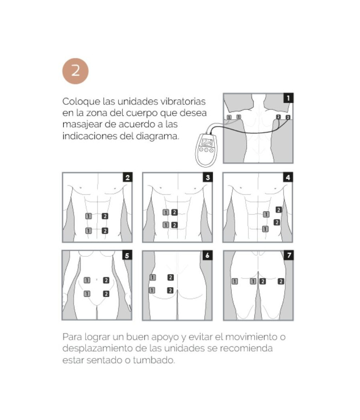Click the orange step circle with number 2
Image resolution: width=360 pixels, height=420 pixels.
point(75,71)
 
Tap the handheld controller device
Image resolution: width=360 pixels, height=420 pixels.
point(206,150)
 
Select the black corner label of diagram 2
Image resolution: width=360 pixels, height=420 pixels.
point(127,178)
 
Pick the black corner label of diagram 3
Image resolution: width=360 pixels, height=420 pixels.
point(207,178)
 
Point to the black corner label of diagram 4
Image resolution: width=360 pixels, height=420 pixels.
point(288,178)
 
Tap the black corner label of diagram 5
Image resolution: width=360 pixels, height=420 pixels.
point(127,255)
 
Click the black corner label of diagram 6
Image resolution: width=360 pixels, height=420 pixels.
point(207,255)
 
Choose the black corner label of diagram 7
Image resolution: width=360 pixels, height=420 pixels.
point(288,255)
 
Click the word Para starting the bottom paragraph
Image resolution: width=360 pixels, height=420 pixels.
point(72,336)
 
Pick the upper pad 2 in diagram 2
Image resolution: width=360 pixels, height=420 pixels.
point(105,216)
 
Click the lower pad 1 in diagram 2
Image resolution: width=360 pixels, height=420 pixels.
point(88,230)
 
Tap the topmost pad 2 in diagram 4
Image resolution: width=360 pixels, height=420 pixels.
point(278,210)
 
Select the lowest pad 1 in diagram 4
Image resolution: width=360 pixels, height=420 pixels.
point(265,229)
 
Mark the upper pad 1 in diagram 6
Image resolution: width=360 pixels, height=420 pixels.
point(152,277)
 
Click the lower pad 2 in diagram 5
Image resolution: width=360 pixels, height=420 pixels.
point(106,294)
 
